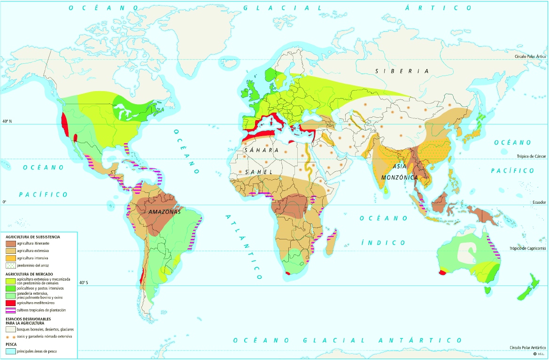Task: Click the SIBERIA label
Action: pyautogui.click(x=402, y=71)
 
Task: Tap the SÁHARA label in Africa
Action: pyautogui.click(x=262, y=150)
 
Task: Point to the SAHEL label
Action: pyautogui.click(x=258, y=172)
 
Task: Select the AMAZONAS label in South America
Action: pyautogui.click(x=164, y=212)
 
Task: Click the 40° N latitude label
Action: pyautogui.click(x=7, y=121)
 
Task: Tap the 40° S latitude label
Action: pyautogui.click(x=83, y=283)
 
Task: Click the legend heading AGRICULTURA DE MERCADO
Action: pyautogui.click(x=29, y=273)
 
